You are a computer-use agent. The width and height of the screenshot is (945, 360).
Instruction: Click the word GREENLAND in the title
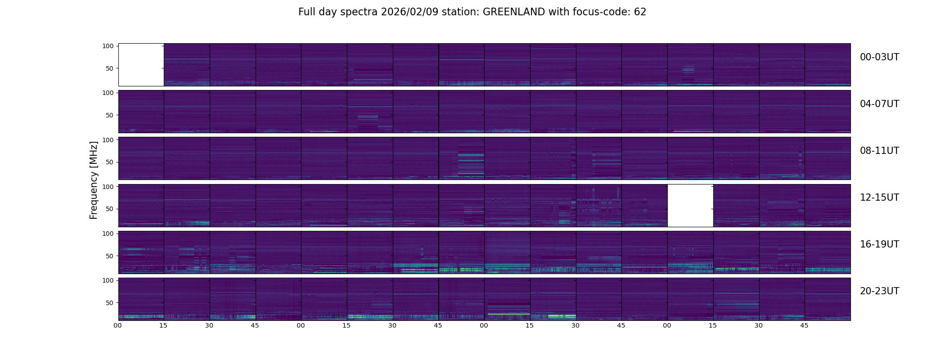[514, 12]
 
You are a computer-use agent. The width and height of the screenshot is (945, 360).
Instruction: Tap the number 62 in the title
[640, 12]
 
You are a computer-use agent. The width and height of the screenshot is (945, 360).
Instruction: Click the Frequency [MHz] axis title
[94, 180]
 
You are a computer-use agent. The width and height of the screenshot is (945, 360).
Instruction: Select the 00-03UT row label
[879, 57]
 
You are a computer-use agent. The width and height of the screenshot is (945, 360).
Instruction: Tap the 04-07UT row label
[879, 104]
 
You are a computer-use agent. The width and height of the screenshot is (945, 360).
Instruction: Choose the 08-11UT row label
[879, 151]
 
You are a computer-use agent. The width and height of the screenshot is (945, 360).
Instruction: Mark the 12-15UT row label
[879, 198]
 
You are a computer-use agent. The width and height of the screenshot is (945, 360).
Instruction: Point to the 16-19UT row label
[879, 244]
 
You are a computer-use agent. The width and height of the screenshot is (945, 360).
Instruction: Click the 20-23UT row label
[879, 291]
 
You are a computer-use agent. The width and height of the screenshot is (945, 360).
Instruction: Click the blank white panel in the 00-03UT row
[141, 65]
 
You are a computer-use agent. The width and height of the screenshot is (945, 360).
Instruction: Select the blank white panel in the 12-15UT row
[690, 205]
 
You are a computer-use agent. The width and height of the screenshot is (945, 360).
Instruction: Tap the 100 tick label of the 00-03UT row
[108, 46]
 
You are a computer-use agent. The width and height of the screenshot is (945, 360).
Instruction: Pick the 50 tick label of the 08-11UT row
[110, 162]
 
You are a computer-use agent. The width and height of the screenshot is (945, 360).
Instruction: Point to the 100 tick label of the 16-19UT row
[108, 234]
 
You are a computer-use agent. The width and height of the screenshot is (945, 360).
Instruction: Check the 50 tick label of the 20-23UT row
[110, 303]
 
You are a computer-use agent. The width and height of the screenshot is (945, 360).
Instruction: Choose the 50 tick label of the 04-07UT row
[110, 115]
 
